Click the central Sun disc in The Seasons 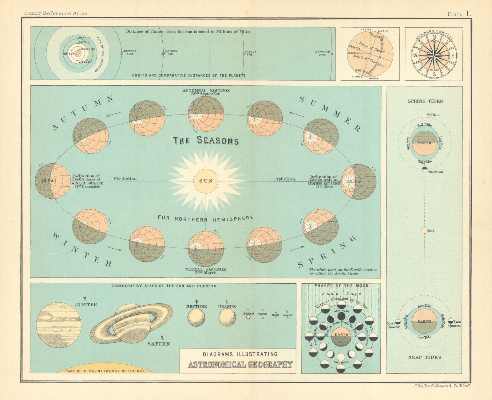click(206, 181)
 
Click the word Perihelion click(125, 179)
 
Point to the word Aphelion click(285, 179)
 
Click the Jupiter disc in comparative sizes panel click(59, 325)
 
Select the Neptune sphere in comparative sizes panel click(196, 317)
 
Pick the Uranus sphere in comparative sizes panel click(227, 317)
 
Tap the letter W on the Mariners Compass click(415, 56)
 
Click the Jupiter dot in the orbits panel click(122, 53)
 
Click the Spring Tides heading click(425, 101)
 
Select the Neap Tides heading click(425, 357)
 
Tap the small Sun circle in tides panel click(424, 230)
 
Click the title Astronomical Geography click(240, 365)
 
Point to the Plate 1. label click(459, 14)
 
